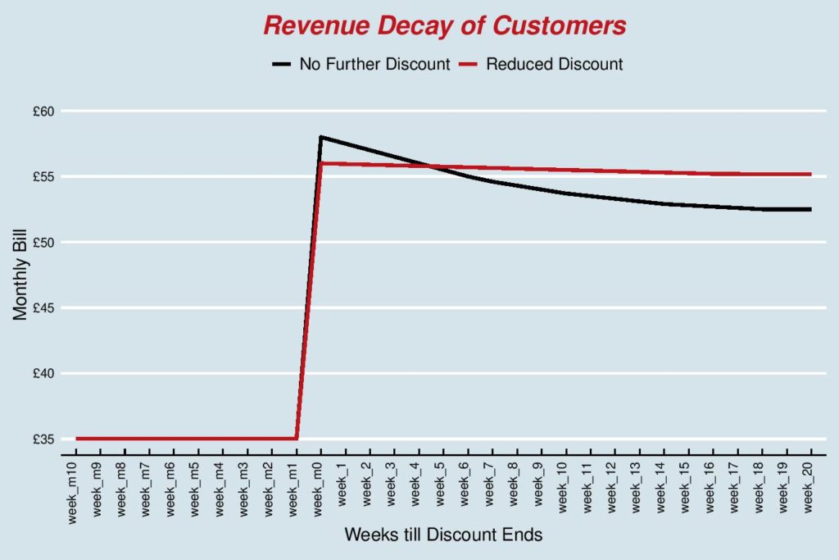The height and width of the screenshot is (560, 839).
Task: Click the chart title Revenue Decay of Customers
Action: (444, 25)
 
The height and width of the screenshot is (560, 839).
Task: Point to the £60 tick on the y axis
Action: (43, 111)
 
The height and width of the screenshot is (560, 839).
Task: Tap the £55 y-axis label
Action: (43, 176)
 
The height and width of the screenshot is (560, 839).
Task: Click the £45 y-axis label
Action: (43, 307)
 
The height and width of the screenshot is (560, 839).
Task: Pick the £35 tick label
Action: (43, 439)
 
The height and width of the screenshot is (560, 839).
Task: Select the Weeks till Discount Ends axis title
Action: (443, 535)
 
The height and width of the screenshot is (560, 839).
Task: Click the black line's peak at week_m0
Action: (320, 137)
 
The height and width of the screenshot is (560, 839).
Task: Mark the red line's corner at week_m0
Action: (320, 163)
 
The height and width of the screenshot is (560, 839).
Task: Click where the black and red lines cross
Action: (432, 166)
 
